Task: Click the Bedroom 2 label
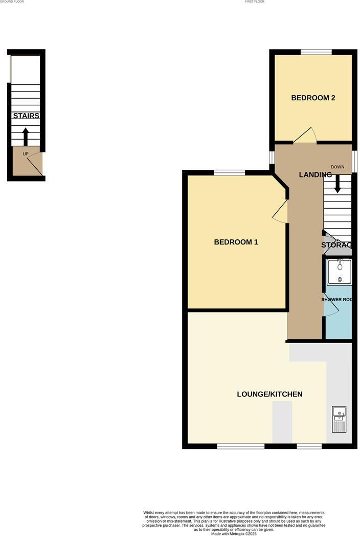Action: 313,98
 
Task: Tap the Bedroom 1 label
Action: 236,242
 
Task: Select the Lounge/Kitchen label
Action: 269,394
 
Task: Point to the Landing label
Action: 315,175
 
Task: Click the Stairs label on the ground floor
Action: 26,116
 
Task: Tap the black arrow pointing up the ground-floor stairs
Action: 26,137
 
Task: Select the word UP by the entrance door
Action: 26,154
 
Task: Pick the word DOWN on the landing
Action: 337,167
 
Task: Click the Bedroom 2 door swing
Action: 306,135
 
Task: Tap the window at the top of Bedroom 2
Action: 316,52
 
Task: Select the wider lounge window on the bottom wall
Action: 240,446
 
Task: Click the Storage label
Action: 336,245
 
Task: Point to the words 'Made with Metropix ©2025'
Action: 235,533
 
